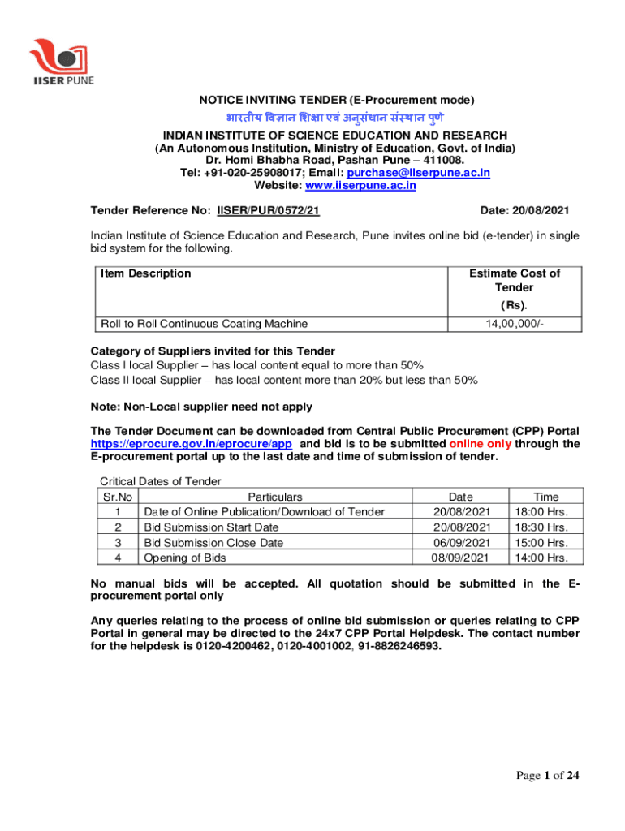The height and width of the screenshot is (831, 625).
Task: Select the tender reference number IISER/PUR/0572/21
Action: pos(268,211)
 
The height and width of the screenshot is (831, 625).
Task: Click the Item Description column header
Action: pos(146,273)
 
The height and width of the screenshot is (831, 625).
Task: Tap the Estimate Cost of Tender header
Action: pos(514,281)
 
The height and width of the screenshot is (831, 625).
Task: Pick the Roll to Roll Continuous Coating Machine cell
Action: pos(204,324)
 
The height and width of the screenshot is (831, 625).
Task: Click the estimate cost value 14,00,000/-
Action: pos(514,324)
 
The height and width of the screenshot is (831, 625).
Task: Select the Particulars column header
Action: pos(275,497)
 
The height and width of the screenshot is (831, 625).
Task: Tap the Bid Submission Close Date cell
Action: pos(213,543)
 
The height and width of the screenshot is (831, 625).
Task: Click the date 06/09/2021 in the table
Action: pos(460,543)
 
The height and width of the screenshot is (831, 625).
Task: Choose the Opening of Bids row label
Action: pos(183,558)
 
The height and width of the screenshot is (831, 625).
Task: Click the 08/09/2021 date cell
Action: pos(460,558)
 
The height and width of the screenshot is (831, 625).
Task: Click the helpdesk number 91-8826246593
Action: pos(401,647)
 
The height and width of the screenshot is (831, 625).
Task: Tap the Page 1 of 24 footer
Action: pos(548,777)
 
